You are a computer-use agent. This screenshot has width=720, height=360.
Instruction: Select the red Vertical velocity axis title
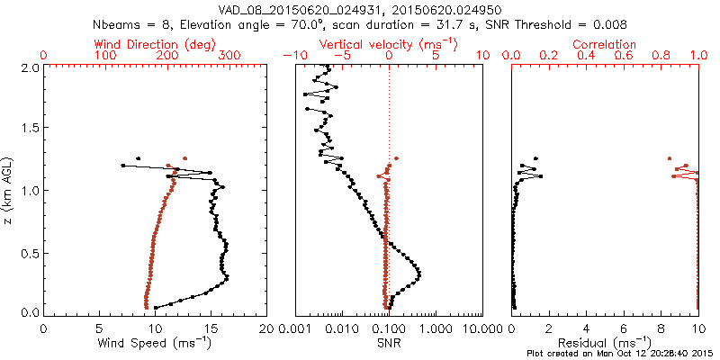(389, 44)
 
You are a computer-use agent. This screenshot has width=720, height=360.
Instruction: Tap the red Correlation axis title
(605, 44)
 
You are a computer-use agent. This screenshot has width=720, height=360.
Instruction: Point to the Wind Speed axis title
(156, 343)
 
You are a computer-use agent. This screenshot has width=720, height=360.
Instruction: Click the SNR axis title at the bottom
(389, 343)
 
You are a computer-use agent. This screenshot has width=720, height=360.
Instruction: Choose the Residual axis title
(605, 343)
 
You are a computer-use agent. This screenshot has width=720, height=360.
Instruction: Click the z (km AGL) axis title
(8, 189)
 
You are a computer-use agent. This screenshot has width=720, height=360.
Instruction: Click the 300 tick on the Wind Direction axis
(229, 56)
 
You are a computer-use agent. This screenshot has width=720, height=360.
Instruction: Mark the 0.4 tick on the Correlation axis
(587, 56)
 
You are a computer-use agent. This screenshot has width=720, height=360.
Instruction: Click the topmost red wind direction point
(184, 157)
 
